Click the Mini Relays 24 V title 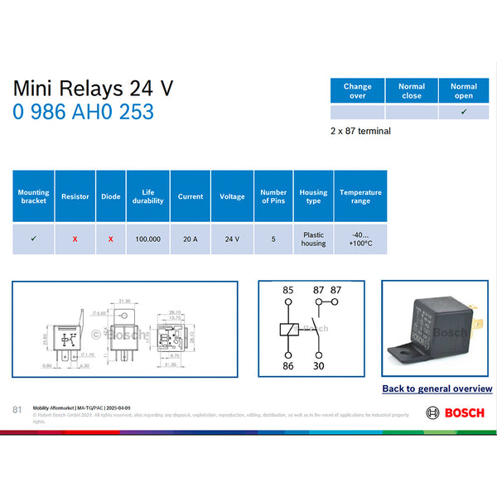click(x=93, y=89)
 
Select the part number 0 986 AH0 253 click(x=83, y=113)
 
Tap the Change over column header click(x=357, y=90)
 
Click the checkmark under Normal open click(x=464, y=113)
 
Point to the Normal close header click(x=412, y=90)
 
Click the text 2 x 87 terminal click(x=360, y=131)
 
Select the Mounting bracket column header click(x=33, y=196)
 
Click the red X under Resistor click(x=75, y=239)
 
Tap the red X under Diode click(x=110, y=239)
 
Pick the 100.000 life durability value click(x=148, y=239)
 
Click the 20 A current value click(x=190, y=239)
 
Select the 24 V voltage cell click(x=232, y=239)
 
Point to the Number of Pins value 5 click(x=273, y=239)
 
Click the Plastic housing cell click(x=313, y=239)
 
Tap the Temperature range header click(x=360, y=196)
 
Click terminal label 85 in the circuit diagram click(x=288, y=291)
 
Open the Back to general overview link click(x=437, y=388)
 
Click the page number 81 click(x=17, y=409)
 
